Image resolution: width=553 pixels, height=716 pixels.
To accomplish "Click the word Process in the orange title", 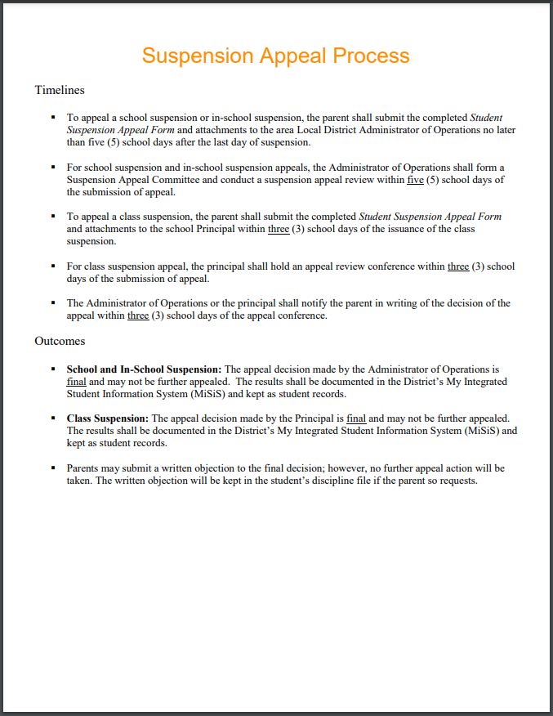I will point(370,56).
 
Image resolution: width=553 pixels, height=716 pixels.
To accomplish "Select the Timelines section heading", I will point(60,90).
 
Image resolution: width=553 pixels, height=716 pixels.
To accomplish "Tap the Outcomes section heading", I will point(60,341).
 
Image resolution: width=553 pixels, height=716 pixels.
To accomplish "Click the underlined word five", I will point(415,180).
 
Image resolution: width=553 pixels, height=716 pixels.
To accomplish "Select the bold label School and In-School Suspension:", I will point(144,369).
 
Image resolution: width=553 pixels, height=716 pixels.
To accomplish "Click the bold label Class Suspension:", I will point(108,418).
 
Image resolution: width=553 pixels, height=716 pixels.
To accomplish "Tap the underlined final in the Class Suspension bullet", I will point(356,418).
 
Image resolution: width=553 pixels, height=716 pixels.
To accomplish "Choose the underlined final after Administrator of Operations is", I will point(76,382).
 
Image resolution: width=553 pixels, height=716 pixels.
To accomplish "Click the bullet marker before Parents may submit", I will point(53,468).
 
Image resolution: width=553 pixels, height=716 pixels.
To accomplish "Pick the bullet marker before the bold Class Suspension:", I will point(53,418).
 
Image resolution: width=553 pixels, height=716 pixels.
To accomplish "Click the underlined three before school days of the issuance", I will point(279,229).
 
